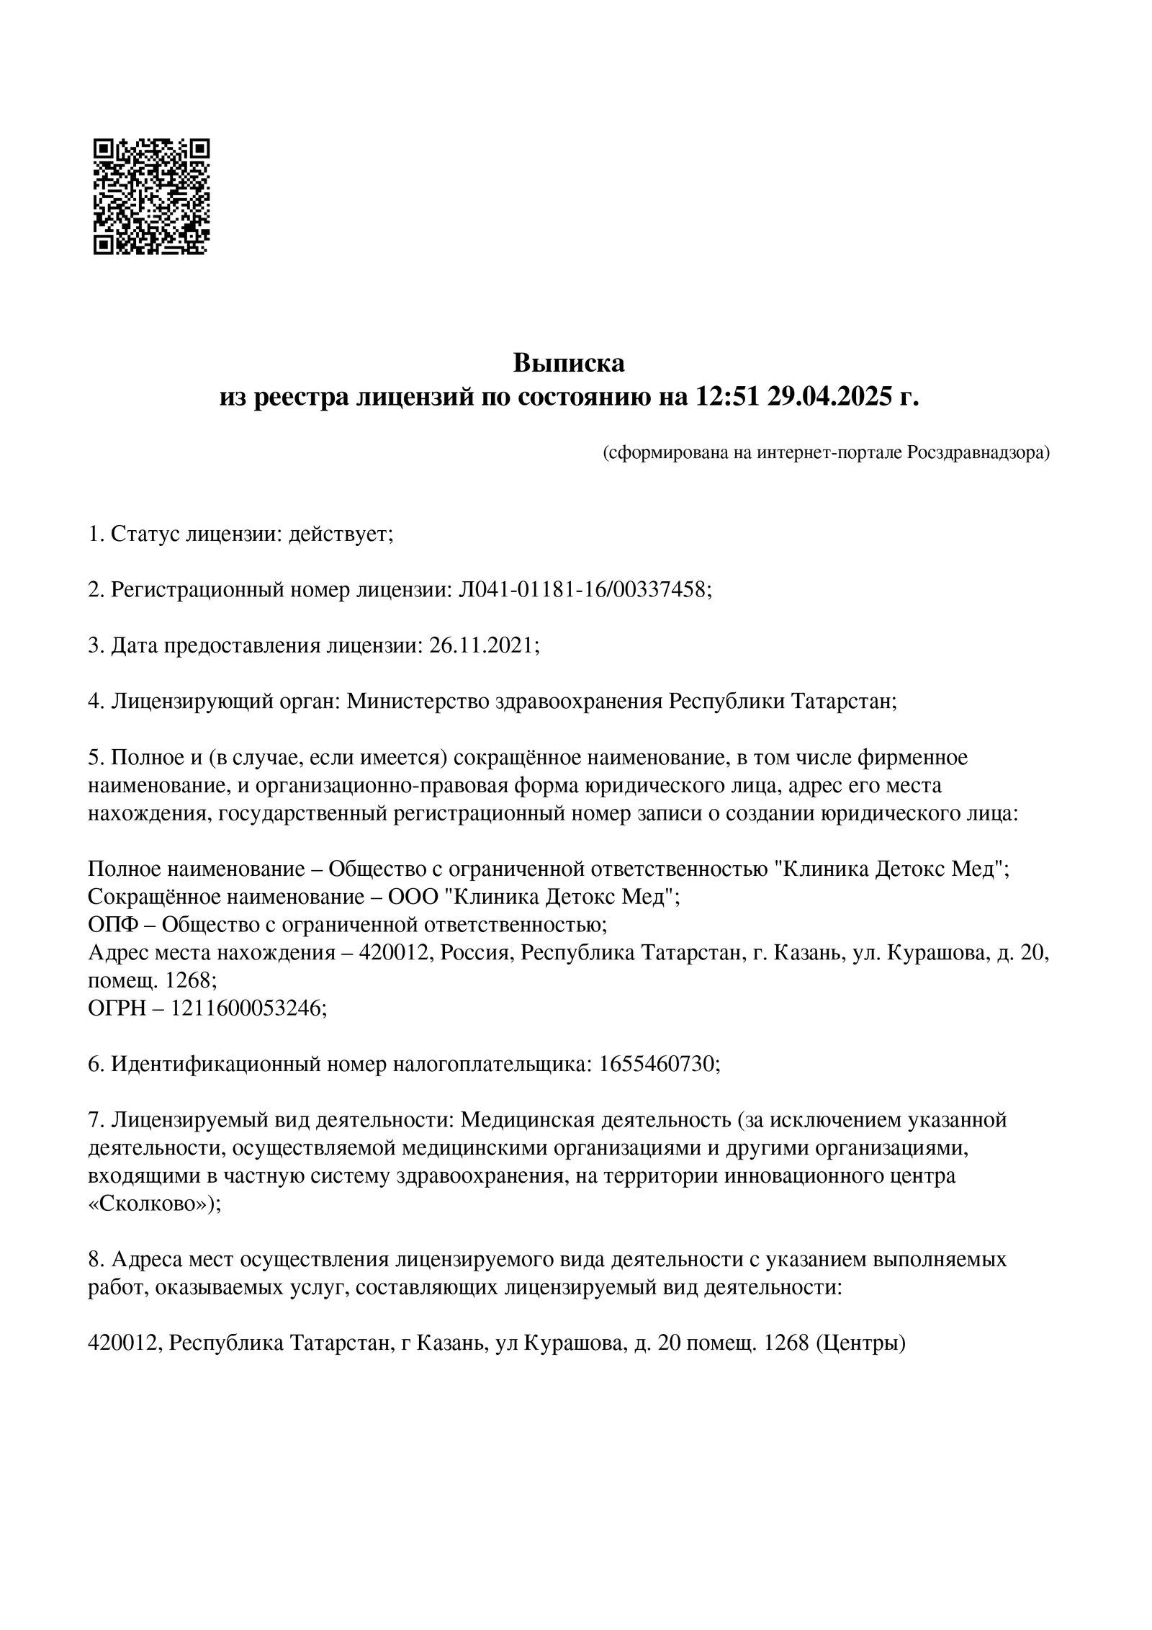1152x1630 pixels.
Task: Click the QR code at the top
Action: pyautogui.click(x=151, y=197)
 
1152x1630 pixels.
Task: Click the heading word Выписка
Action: pyautogui.click(x=568, y=363)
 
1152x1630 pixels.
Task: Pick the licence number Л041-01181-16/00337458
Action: pyautogui.click(x=583, y=590)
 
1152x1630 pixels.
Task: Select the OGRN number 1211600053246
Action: pyautogui.click(x=247, y=1008)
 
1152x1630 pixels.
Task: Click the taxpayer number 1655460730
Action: pyautogui.click(x=656, y=1063)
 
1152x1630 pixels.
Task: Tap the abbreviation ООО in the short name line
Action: pyautogui.click(x=413, y=897)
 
